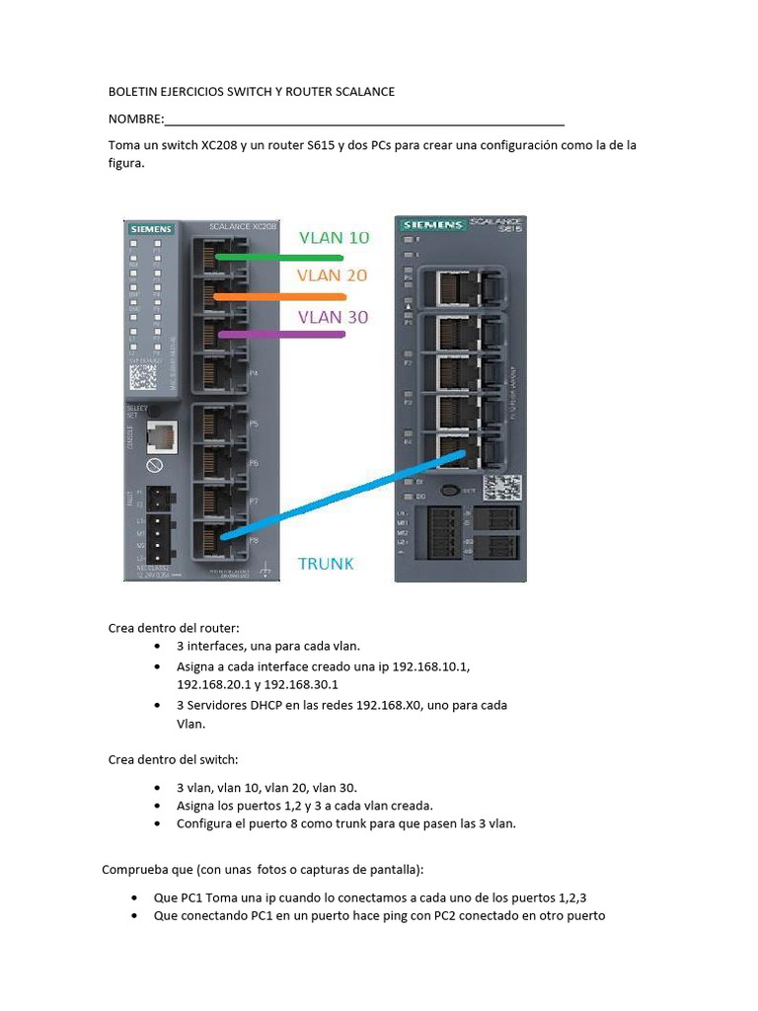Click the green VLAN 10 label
(334, 237)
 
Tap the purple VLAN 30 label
(334, 317)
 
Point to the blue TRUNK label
(326, 565)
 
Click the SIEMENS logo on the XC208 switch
(151, 229)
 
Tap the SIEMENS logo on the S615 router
(431, 226)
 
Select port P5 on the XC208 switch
(220, 423)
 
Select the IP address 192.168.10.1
(430, 666)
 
